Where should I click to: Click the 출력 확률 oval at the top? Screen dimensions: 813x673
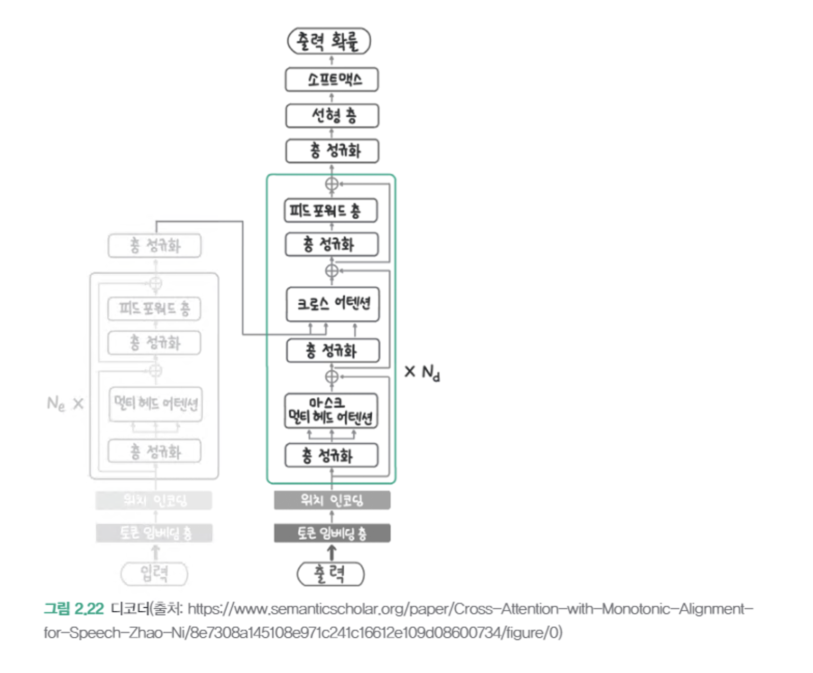329,41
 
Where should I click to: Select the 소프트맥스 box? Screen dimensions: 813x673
332,80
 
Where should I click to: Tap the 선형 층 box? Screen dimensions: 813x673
332,116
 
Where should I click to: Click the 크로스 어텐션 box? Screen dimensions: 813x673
332,304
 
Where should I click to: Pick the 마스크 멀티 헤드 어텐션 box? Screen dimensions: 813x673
331,411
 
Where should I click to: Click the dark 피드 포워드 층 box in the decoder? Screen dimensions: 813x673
331,211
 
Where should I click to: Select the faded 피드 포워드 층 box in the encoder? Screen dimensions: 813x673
154,309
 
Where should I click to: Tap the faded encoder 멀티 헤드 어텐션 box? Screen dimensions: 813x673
156,403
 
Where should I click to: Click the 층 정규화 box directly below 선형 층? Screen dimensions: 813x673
332,151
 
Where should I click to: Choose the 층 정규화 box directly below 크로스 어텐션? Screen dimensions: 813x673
332,350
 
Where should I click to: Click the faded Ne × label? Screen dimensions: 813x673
65,403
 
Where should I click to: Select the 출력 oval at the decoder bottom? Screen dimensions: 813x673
330,574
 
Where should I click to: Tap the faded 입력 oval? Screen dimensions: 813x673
154,574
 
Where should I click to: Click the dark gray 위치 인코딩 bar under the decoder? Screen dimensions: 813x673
332,500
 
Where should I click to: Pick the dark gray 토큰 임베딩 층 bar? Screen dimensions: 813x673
332,533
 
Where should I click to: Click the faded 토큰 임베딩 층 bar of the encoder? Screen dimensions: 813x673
154,533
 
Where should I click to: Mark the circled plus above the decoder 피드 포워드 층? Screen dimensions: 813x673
332,184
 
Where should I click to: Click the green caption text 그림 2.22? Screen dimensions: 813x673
74,609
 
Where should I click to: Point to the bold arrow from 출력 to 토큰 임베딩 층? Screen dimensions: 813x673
332,553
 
